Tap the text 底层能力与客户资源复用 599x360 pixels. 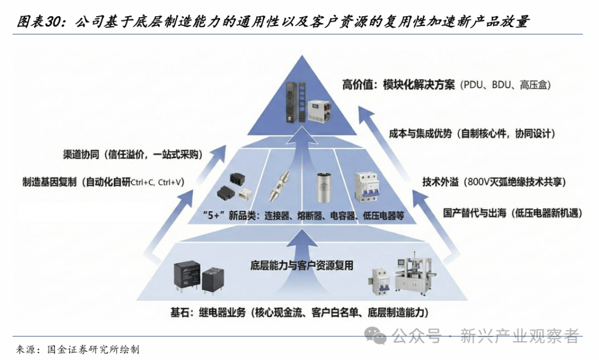302,265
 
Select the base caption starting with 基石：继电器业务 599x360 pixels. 299,312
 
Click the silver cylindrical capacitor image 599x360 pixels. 326,188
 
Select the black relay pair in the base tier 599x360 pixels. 199,276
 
